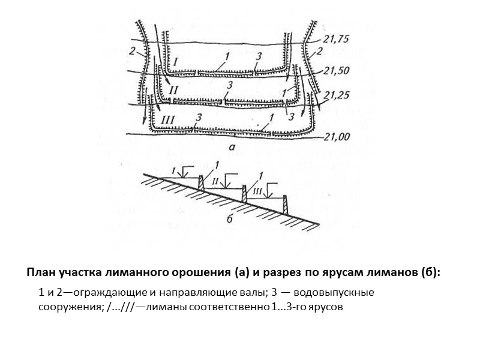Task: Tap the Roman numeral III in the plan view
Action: click(169, 120)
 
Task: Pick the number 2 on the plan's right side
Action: click(319, 52)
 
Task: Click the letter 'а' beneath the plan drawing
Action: click(232, 146)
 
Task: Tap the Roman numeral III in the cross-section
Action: click(257, 191)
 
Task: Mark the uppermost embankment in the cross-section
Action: click(201, 184)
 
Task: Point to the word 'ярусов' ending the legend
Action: click(328, 307)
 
